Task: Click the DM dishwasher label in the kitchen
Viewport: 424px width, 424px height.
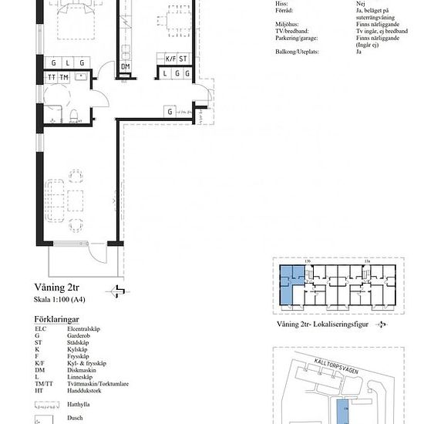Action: [126, 66]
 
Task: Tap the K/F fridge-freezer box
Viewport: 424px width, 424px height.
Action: [171, 58]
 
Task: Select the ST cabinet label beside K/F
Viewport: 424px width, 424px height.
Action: [183, 58]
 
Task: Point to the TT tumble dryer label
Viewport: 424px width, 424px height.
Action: [51, 78]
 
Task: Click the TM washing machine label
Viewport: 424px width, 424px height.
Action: [63, 78]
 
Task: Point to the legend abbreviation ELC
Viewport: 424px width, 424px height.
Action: [40, 329]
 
